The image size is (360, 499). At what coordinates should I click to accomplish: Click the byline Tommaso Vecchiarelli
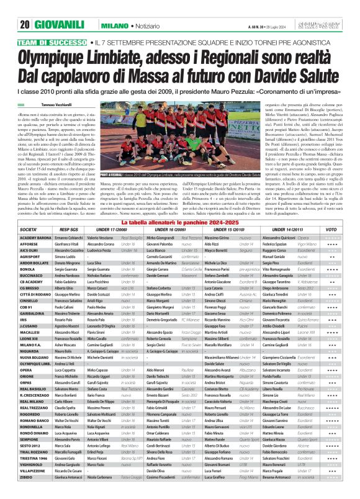(x=61, y=105)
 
